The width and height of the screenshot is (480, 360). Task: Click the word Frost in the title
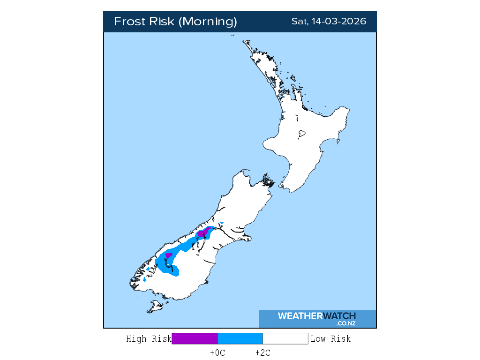(129, 22)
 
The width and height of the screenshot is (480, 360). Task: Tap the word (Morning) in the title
(209, 22)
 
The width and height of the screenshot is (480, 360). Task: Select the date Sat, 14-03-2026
(329, 22)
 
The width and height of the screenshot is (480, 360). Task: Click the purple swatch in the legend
(195, 339)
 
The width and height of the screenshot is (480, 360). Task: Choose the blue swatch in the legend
(240, 339)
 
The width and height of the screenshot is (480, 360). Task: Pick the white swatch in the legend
(285, 339)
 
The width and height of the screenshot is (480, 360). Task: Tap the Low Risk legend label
(330, 339)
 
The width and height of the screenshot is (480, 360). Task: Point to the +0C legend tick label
(217, 353)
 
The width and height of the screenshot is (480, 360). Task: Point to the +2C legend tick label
(262, 353)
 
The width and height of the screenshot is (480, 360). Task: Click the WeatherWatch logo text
(316, 316)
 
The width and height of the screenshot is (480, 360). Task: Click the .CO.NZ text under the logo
(345, 323)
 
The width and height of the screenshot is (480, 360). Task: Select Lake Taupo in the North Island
(302, 134)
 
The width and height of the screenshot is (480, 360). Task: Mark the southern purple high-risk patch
(169, 255)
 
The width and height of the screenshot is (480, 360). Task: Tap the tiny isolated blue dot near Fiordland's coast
(145, 279)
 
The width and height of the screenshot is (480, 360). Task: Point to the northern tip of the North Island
(244, 42)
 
